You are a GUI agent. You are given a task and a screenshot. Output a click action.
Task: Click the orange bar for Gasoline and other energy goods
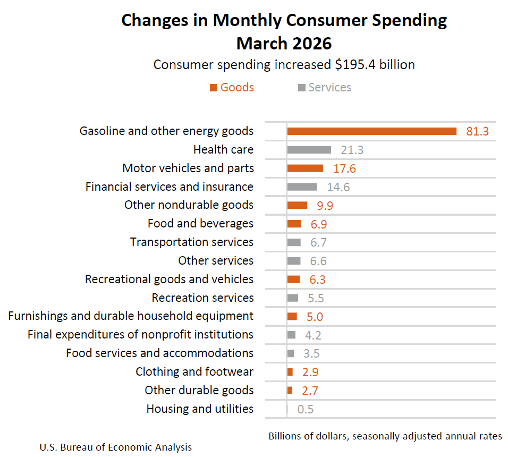tap(371, 131)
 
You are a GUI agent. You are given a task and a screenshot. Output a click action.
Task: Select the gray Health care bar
tap(309, 150)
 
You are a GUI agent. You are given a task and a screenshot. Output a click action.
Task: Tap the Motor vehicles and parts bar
tap(305, 168)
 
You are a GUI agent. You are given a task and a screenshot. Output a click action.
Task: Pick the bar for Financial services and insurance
tap(302, 187)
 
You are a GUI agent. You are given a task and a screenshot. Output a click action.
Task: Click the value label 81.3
tap(477, 131)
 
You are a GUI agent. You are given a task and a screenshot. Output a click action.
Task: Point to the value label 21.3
tap(352, 150)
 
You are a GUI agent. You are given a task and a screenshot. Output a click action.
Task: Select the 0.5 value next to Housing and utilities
tap(306, 409)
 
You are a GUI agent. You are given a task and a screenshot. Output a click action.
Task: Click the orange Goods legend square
tap(214, 88)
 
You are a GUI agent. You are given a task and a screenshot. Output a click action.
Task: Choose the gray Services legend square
tap(302, 88)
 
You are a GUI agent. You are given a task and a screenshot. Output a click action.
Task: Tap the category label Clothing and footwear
tap(194, 372)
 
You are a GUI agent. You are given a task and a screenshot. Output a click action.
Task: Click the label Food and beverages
tap(200, 224)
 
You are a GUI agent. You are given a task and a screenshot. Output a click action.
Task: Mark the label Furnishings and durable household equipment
tap(131, 316)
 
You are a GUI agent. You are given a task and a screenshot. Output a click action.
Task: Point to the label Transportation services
tap(192, 242)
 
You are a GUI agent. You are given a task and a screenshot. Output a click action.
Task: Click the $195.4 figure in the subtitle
tap(357, 65)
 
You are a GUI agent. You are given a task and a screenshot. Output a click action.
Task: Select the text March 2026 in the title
tap(284, 43)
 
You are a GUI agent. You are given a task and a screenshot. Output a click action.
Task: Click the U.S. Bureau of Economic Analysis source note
tap(115, 447)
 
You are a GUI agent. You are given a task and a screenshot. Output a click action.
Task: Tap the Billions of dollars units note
tap(385, 436)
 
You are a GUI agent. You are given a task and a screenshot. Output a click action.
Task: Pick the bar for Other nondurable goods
tap(297, 205)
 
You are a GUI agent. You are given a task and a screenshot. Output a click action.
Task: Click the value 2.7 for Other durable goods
tap(310, 391)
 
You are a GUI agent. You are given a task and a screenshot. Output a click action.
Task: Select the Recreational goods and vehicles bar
tap(293, 280)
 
